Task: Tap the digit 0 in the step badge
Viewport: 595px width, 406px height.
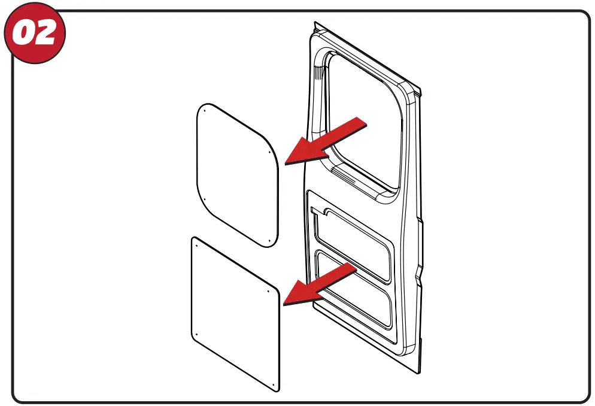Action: [x=25, y=34]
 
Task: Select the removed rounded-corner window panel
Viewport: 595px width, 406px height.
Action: [x=237, y=174]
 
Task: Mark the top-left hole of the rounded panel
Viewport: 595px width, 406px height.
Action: [x=205, y=110]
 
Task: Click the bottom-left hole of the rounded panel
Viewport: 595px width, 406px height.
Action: [x=205, y=199]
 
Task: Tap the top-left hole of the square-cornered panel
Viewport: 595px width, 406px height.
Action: [x=196, y=243]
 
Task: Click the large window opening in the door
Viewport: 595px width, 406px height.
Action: [x=366, y=120]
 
